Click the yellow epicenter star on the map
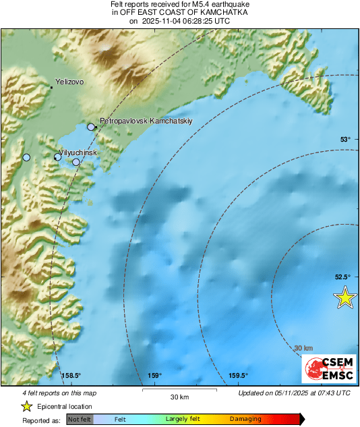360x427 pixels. (x=345, y=297)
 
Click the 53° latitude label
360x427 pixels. (x=345, y=140)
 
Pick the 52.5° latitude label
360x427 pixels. (x=342, y=277)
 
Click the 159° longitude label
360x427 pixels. (x=154, y=376)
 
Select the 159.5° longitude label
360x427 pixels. (x=238, y=376)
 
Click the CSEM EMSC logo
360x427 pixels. (x=327, y=369)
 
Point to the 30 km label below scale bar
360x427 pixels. (x=179, y=396)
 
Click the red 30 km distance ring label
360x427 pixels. (x=304, y=348)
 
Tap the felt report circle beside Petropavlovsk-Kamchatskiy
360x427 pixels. (x=91, y=127)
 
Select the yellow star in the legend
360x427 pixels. (x=27, y=406)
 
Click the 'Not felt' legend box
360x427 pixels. (x=80, y=419)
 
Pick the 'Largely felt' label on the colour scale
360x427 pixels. (x=181, y=419)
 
